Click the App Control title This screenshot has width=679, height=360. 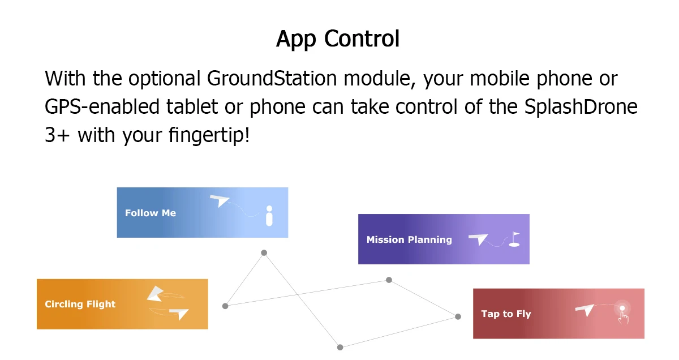click(338, 39)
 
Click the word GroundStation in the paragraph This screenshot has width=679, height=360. click(272, 78)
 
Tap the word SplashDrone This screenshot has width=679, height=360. click(581, 106)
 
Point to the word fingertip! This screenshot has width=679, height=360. click(209, 135)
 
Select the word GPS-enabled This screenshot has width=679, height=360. click(102, 107)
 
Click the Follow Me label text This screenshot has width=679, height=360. click(151, 213)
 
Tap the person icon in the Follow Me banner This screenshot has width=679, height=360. click(269, 216)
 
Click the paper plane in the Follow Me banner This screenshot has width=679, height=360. click(220, 200)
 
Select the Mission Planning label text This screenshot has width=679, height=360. click(409, 239)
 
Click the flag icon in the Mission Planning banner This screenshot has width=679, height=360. click(514, 239)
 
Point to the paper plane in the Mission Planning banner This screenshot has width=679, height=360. click(478, 239)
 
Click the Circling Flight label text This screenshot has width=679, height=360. click(80, 304)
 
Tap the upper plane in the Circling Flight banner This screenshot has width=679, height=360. click(156, 294)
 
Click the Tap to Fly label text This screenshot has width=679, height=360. click(506, 314)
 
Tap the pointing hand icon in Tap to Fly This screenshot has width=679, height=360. click(623, 317)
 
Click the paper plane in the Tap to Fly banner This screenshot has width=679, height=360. click(585, 310)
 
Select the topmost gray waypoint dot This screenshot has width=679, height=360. click(264, 253)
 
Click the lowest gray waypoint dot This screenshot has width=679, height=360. click(340, 347)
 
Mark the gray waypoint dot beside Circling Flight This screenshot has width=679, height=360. click(225, 306)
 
